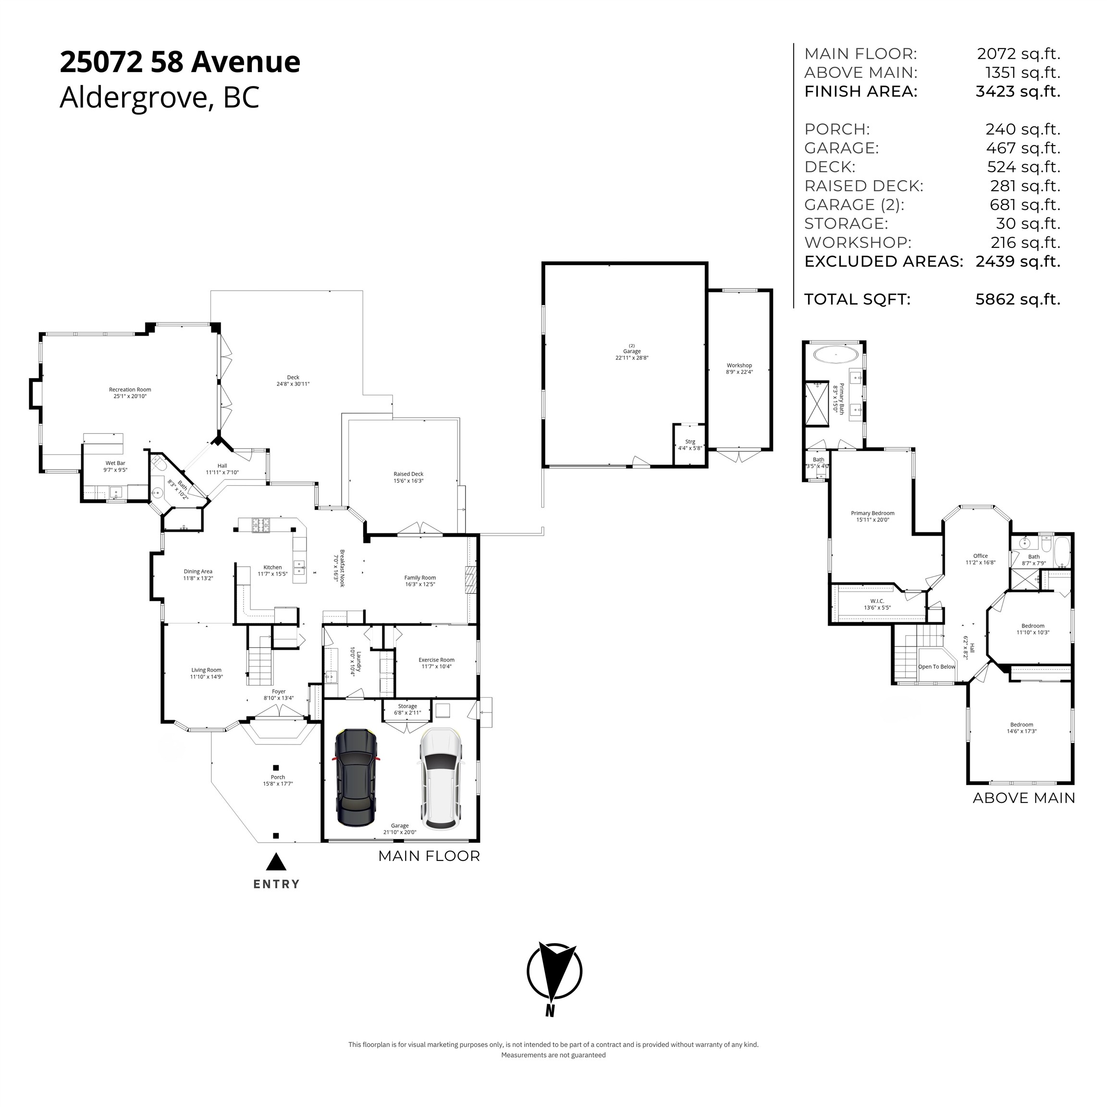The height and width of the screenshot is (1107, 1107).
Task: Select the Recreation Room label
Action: click(x=130, y=393)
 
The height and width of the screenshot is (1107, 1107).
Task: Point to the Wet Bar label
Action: click(x=115, y=467)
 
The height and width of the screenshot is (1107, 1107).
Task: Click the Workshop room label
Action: click(x=739, y=369)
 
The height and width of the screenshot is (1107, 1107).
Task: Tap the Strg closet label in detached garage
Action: click(x=690, y=444)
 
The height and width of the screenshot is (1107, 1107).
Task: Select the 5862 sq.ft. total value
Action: click(x=1018, y=299)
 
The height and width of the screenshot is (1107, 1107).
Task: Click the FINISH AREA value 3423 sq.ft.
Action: click(x=1018, y=92)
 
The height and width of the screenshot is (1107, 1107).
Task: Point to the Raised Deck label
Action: click(x=408, y=477)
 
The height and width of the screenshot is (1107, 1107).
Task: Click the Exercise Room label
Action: click(x=436, y=663)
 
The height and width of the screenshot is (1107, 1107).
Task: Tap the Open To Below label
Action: click(x=936, y=666)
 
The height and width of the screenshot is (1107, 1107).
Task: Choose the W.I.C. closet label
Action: click(x=877, y=604)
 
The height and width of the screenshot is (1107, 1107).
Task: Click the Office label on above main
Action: click(x=980, y=559)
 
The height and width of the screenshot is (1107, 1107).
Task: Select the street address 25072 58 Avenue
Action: click(x=180, y=62)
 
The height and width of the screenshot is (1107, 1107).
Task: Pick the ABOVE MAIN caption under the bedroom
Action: click(x=1023, y=798)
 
